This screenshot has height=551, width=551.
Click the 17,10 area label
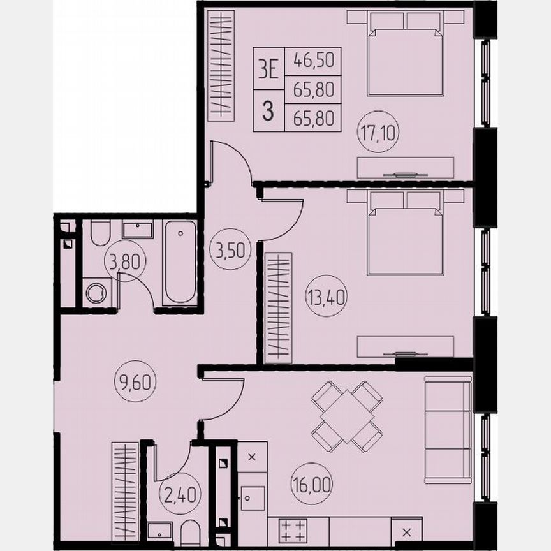coord(378,135)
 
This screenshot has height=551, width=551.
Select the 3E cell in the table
coord(268,68)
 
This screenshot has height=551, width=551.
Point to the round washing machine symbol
coord(96,293)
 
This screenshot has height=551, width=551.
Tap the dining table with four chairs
coord(346,416)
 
